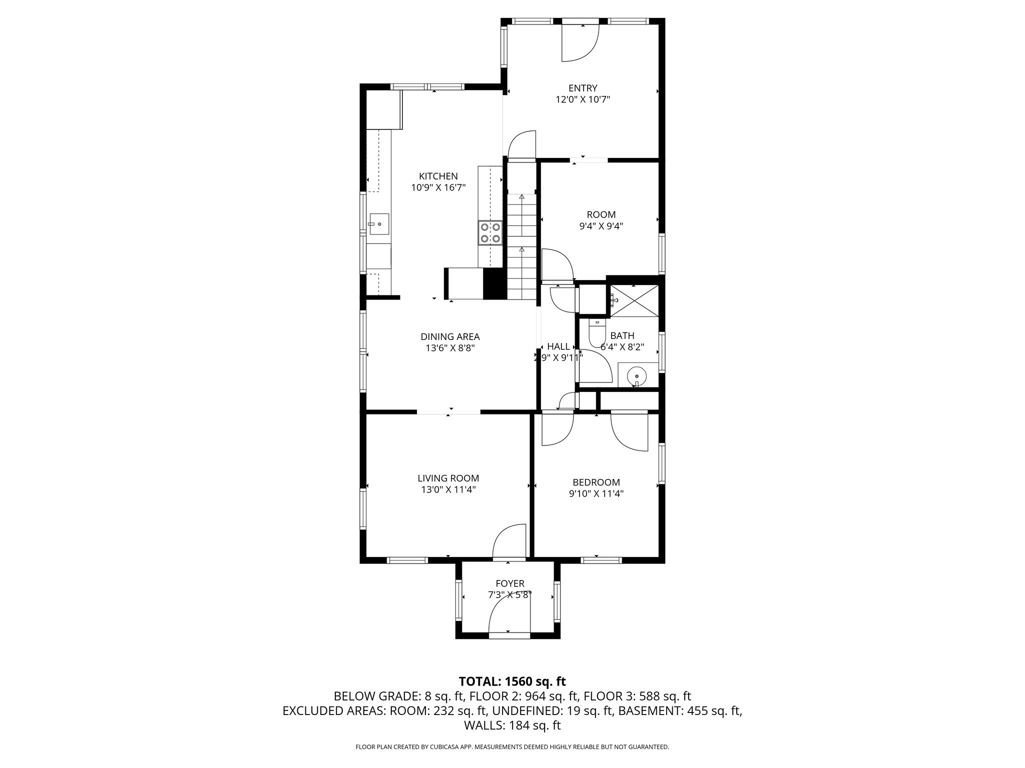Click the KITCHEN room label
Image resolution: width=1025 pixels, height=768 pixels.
click(x=438, y=176)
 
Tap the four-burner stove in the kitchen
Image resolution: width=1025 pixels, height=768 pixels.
click(x=140, y=233)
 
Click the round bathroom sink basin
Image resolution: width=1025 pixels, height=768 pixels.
click(x=636, y=375)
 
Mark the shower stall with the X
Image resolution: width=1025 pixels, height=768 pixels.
click(x=634, y=300)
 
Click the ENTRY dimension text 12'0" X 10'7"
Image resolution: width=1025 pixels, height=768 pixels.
click(x=583, y=99)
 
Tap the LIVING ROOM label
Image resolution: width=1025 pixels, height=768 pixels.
click(x=448, y=478)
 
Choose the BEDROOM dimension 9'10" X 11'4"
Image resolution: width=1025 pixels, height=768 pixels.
click(x=596, y=493)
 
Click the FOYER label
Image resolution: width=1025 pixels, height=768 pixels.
click(x=510, y=583)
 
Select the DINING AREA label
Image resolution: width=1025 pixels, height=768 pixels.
click(x=450, y=336)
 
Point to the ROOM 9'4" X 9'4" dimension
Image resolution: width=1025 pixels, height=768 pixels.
click(x=601, y=226)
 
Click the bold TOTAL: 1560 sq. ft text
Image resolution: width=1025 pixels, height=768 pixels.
click(x=512, y=681)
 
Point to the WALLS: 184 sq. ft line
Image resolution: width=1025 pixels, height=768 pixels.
click(x=512, y=725)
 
